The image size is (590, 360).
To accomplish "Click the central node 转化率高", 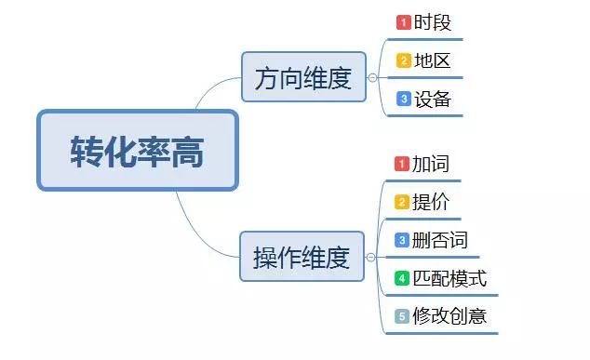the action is pyautogui.click(x=138, y=151).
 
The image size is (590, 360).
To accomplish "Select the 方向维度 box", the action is pyautogui.click(x=303, y=77).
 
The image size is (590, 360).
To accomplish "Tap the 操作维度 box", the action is pyautogui.click(x=302, y=257).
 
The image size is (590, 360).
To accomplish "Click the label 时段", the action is pyautogui.click(x=433, y=22).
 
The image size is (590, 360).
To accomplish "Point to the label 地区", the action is pyautogui.click(x=433, y=60).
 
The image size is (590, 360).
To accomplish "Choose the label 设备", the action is pyautogui.click(x=433, y=100).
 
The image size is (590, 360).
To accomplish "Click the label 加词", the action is pyautogui.click(x=431, y=164).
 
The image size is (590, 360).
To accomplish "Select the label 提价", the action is pyautogui.click(x=431, y=202).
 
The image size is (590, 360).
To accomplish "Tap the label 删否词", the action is pyautogui.click(x=440, y=240).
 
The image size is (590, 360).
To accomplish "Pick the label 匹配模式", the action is pyautogui.click(x=449, y=279).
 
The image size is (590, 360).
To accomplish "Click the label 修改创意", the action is pyautogui.click(x=449, y=316).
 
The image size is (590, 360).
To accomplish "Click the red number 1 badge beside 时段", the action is pyautogui.click(x=404, y=22).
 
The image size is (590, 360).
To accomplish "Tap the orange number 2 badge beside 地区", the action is pyautogui.click(x=404, y=60).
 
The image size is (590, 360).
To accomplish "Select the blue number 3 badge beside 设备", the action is pyautogui.click(x=404, y=99).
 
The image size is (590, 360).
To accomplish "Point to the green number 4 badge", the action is pyautogui.click(x=402, y=278).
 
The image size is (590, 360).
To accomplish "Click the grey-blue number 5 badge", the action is pyautogui.click(x=402, y=316).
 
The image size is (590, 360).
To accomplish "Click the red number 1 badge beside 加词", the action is pyautogui.click(x=402, y=164).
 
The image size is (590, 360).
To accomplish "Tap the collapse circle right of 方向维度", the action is pyautogui.click(x=372, y=77).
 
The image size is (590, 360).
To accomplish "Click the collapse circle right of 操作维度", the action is pyautogui.click(x=370, y=258).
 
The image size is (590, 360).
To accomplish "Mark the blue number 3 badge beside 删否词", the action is pyautogui.click(x=402, y=240).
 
